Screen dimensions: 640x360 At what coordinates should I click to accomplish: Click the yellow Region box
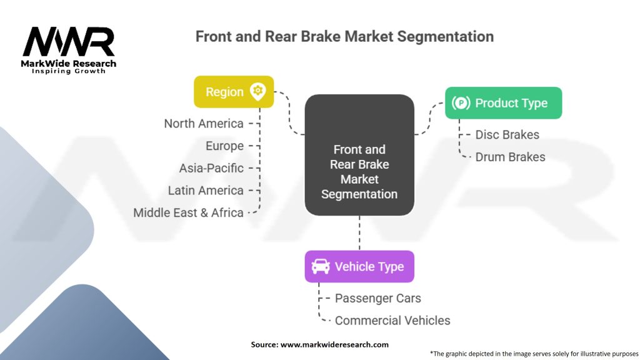[234, 92]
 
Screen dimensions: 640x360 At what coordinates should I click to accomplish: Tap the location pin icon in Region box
[257, 91]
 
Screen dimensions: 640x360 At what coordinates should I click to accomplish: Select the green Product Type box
[503, 103]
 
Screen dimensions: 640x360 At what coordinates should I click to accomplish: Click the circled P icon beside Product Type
[461, 103]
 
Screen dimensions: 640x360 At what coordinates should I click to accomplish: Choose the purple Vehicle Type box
[359, 266]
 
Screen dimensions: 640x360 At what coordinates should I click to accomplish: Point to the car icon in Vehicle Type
[321, 266]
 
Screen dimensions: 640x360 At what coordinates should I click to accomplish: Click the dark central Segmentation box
[359, 155]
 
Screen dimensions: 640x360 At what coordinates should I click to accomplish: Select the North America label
[204, 124]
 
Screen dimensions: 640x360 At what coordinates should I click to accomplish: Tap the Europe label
[224, 146]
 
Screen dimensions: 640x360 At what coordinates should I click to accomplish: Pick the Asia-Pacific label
[211, 168]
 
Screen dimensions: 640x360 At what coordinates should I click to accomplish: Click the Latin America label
[206, 191]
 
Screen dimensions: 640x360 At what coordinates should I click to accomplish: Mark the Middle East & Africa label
[188, 212]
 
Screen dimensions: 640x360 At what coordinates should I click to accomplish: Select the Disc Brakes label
[507, 135]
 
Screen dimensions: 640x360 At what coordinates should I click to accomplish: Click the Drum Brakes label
[510, 157]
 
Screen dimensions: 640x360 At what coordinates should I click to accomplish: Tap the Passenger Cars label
[378, 298]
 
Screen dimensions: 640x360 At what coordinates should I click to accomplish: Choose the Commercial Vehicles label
[392, 321]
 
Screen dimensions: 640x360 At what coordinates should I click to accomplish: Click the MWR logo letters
[69, 42]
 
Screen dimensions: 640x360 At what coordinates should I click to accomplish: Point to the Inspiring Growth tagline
[69, 71]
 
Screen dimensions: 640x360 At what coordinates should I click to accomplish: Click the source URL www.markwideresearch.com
[334, 344]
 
